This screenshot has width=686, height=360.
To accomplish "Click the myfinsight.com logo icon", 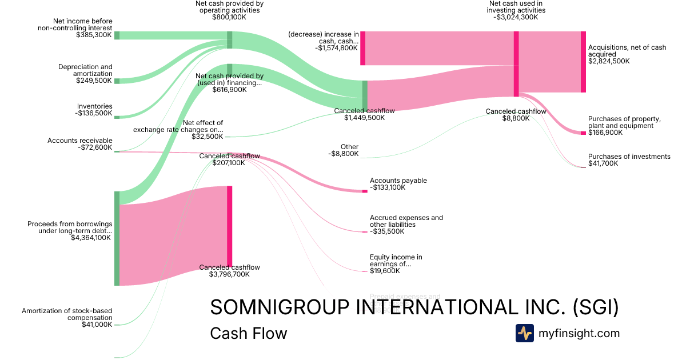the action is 524,333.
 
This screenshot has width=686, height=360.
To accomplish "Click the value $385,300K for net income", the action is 94,35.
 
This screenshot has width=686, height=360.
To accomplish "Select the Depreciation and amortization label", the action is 85,70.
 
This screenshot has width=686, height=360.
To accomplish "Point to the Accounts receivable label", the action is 80,141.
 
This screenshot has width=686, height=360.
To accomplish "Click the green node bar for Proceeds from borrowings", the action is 117,238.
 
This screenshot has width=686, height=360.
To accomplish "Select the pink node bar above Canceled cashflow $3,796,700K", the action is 229,226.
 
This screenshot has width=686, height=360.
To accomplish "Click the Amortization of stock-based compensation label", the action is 67,314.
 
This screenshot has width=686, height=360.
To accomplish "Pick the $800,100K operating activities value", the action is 229,17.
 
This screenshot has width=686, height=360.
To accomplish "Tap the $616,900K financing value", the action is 229,90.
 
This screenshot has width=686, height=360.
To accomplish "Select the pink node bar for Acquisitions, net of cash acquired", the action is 583,62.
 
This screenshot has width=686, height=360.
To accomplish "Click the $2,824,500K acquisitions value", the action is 609,61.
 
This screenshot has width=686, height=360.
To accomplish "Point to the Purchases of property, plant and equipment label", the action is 624,122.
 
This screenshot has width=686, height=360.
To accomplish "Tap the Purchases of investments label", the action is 629,157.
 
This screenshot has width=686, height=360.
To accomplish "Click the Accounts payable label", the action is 398,181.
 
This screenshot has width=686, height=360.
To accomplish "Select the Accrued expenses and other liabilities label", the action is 406,221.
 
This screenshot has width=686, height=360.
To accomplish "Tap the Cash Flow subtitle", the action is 248,333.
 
